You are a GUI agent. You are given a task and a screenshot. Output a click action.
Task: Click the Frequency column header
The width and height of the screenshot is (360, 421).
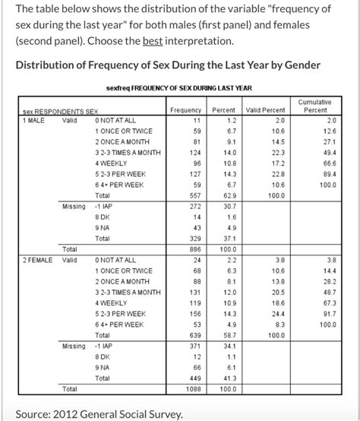[x=185, y=111]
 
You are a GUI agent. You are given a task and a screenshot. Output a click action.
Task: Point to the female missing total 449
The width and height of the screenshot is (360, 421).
[x=193, y=378]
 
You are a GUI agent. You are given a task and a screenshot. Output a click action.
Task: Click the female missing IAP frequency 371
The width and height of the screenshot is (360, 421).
[x=193, y=345]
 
